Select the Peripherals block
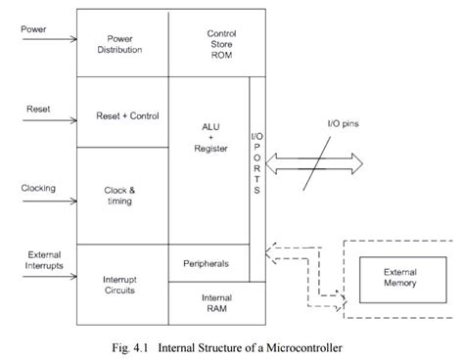tap(209, 264)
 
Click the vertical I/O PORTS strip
tap(256, 161)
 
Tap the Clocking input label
tap(37, 188)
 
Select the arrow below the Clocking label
tap(48, 205)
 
